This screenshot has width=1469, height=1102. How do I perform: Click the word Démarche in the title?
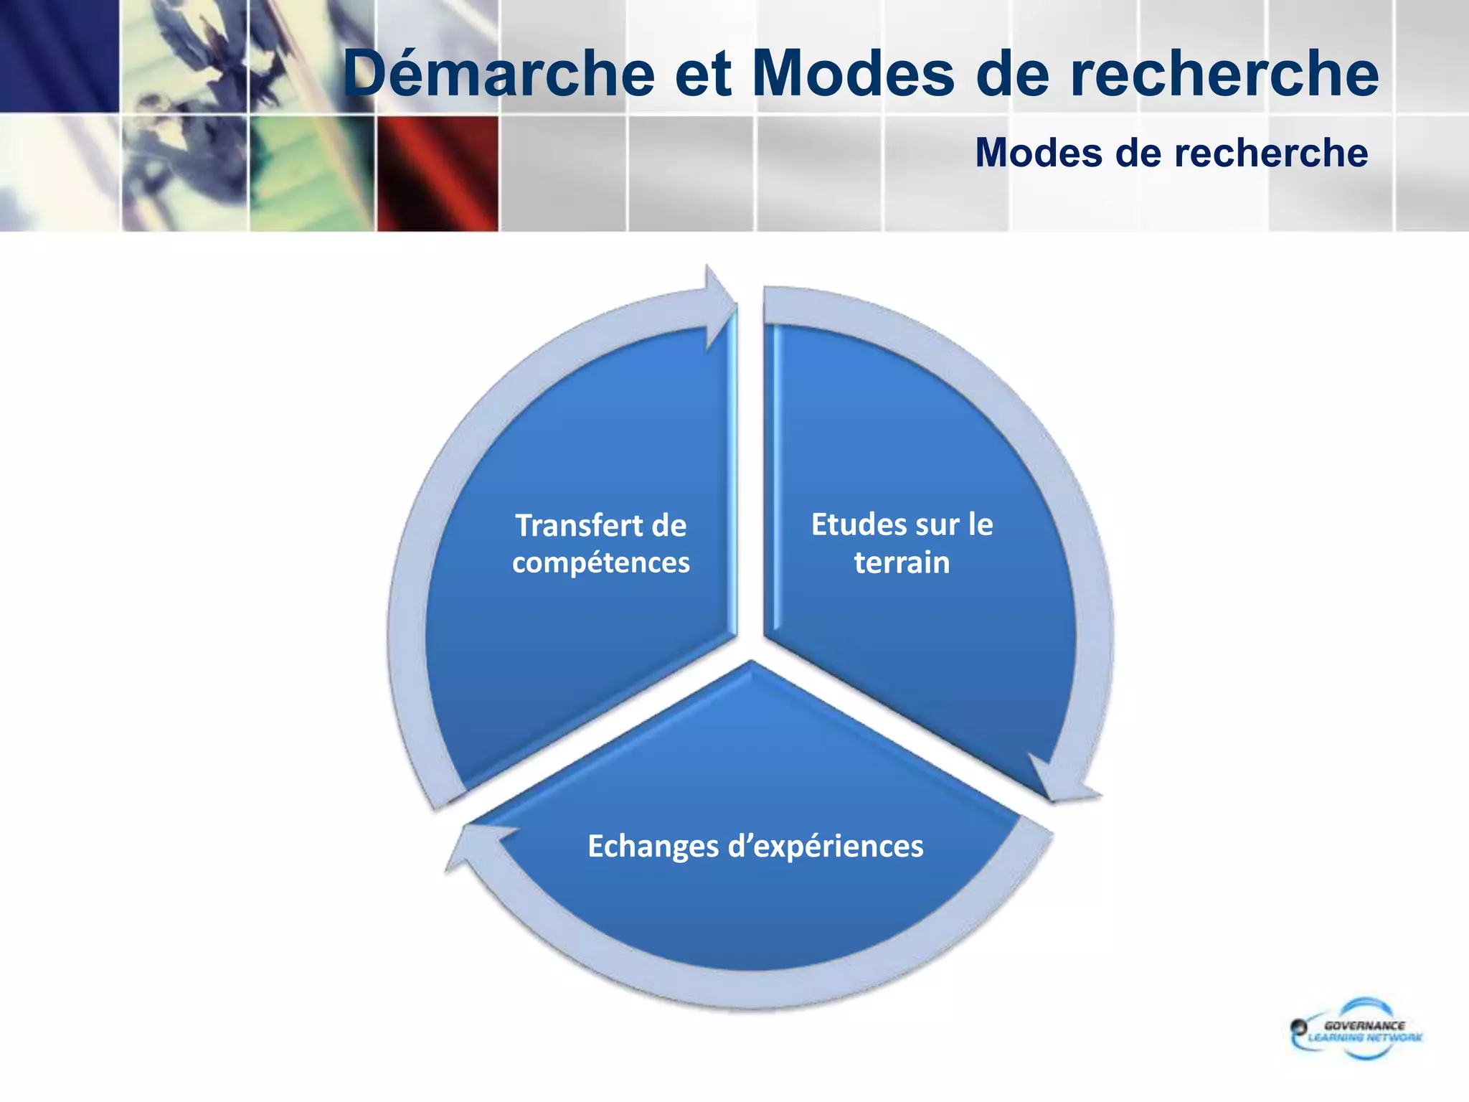(x=499, y=74)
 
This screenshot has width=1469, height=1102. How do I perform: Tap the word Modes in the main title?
(x=854, y=74)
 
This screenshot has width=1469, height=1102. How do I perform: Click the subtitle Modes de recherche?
(x=1171, y=153)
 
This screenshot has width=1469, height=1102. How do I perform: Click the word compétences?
(x=600, y=562)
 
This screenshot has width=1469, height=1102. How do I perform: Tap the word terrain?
(x=902, y=562)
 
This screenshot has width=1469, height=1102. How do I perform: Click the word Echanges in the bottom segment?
(x=653, y=846)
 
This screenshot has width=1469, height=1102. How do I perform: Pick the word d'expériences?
(x=826, y=846)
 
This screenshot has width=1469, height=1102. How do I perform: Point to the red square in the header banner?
(x=438, y=174)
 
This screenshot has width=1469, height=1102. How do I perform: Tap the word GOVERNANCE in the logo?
(x=1364, y=1026)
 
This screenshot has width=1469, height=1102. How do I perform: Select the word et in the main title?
(x=702, y=74)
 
